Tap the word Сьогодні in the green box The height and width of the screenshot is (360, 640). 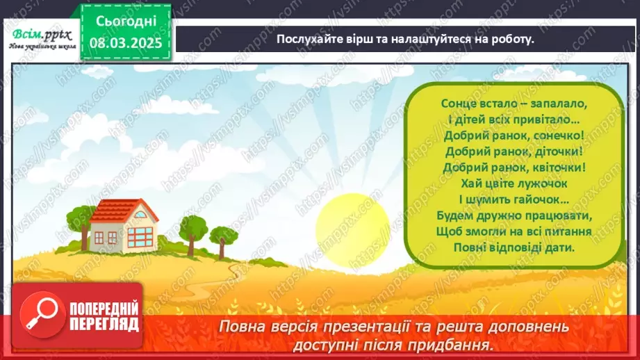pos(126,22)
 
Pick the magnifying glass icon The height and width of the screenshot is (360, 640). pos(36,313)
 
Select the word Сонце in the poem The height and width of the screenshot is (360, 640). pos(457,103)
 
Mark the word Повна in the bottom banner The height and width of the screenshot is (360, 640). pos(241,326)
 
